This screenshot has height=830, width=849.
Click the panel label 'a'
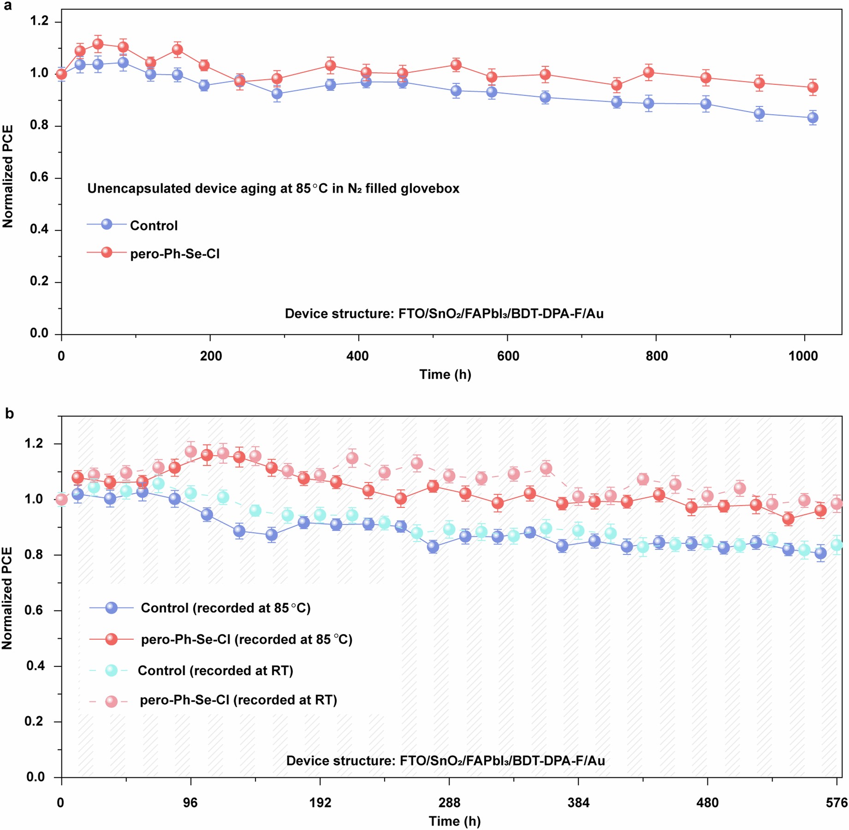(8, 6)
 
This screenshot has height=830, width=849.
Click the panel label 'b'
(9, 413)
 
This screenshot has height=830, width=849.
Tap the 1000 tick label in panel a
(803, 356)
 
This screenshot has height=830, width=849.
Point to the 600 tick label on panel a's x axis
(508, 356)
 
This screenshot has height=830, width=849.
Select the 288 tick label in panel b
(449, 803)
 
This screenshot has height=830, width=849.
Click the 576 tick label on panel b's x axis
(837, 803)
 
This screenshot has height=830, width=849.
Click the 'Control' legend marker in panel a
(107, 224)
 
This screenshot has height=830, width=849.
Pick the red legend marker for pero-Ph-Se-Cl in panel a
(107, 253)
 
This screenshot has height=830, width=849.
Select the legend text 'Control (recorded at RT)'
(215, 671)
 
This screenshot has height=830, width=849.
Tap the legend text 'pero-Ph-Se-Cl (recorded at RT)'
(238, 700)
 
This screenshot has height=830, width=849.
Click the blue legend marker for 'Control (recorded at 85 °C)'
(112, 608)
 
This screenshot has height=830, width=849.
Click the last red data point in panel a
(813, 87)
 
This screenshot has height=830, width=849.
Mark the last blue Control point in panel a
(813, 118)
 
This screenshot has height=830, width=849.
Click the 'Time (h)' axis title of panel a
(445, 374)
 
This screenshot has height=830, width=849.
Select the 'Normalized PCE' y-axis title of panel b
(7, 598)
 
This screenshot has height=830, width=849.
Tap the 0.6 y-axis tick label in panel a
(39, 177)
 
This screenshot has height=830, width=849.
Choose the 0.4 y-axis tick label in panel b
(35, 666)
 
